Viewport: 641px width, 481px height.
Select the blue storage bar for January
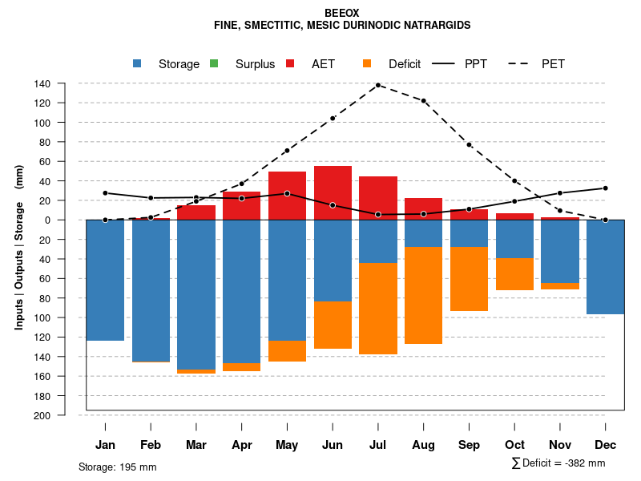tap(105, 280)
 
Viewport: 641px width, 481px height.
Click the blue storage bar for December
tap(606, 267)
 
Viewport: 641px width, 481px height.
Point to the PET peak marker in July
tap(378, 85)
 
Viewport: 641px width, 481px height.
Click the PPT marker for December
tap(606, 188)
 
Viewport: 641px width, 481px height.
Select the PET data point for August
tap(424, 101)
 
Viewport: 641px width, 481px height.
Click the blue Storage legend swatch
tap(137, 63)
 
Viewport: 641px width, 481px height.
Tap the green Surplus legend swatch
tap(214, 63)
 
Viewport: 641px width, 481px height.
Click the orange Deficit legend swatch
tap(367, 63)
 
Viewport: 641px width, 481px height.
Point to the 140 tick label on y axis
tap(42, 83)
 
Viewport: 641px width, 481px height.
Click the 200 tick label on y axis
tap(42, 415)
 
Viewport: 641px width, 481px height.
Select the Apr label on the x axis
tap(242, 445)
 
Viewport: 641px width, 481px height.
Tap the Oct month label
tap(515, 445)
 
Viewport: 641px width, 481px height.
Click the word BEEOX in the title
tap(342, 14)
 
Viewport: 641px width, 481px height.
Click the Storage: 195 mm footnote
tap(118, 467)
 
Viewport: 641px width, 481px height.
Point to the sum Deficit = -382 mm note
tap(558, 463)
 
